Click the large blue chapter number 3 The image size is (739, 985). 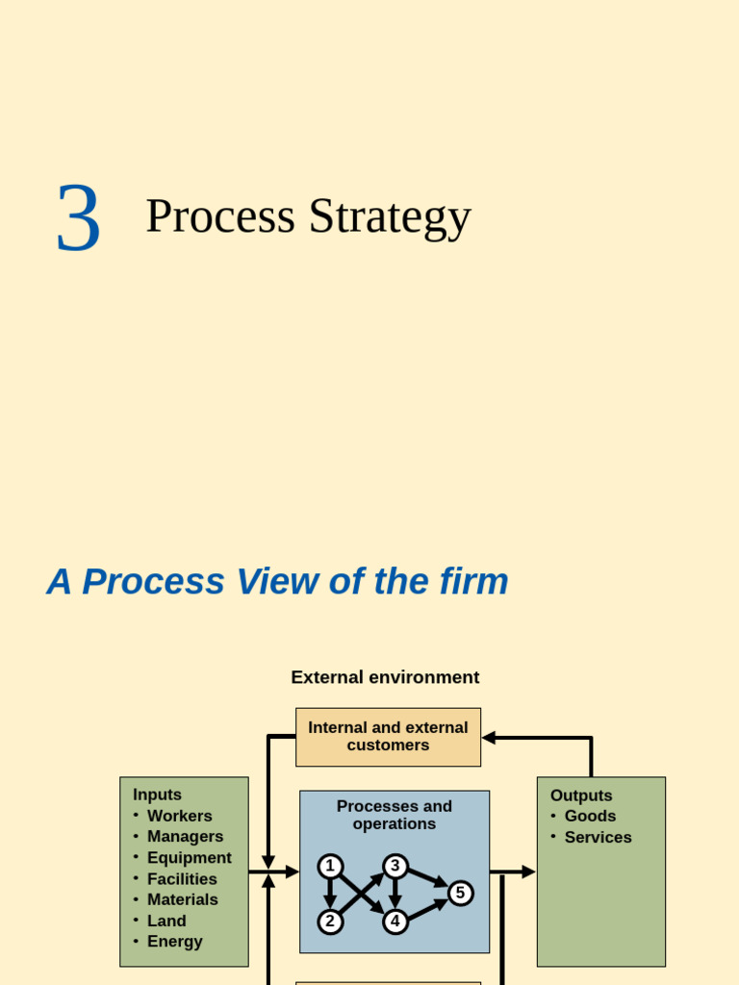[x=78, y=218]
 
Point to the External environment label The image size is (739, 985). [x=385, y=677]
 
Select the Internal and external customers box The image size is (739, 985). [x=388, y=737]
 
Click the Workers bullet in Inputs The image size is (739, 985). [x=179, y=816]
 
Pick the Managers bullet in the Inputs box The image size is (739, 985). [x=185, y=837]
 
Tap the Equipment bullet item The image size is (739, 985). [x=189, y=858]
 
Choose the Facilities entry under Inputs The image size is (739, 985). [x=182, y=879]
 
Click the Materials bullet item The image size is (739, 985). [x=182, y=899]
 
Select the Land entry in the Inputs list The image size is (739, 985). [x=166, y=921]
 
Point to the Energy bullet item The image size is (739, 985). [x=174, y=942]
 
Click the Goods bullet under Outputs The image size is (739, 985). [x=590, y=816]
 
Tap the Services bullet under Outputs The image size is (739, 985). [x=598, y=837]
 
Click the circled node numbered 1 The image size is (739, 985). [x=330, y=867]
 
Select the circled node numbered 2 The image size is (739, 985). [x=330, y=922]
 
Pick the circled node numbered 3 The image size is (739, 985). [x=395, y=867]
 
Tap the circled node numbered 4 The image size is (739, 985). [x=395, y=922]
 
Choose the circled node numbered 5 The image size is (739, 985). [x=460, y=894]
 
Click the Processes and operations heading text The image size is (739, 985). [x=395, y=815]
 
